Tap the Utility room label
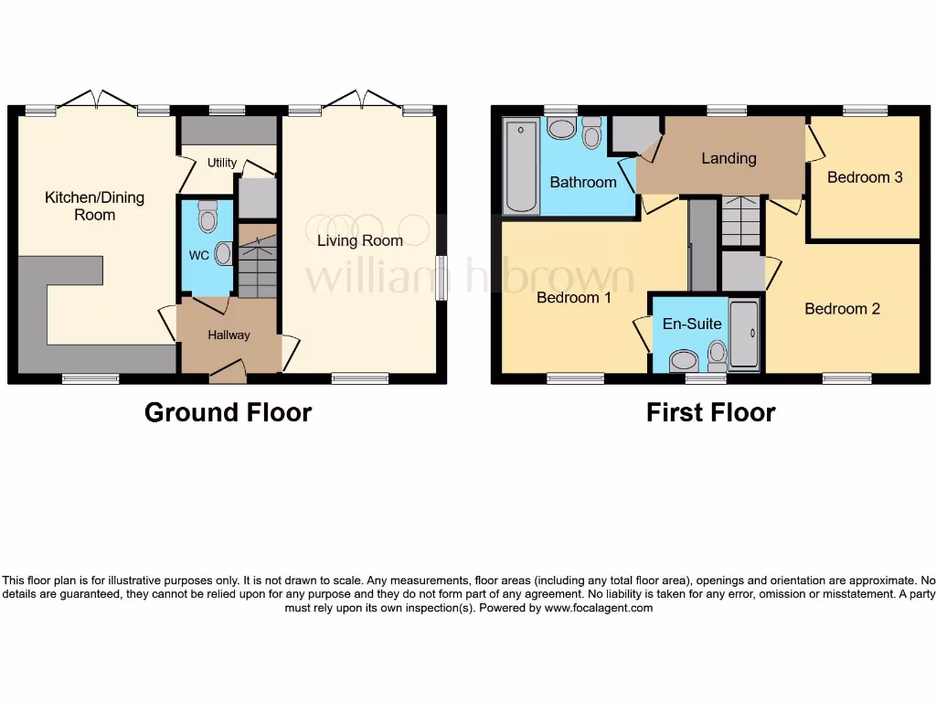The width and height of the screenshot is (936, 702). pos(222,163)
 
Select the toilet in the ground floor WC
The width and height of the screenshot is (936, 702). pos(207,218)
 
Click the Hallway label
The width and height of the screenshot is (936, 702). pos(229,335)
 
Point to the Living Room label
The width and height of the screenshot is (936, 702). pos(360,241)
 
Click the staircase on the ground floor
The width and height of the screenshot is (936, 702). pos(257,261)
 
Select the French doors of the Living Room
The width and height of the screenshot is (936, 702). pos(363,99)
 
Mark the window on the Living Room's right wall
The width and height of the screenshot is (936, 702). pos(441,276)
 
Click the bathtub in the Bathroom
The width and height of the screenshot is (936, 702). pos(520,166)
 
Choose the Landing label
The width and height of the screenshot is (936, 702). pos(729,158)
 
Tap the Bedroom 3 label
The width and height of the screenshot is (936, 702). pos(865,177)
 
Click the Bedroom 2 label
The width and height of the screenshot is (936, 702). pos(842,309)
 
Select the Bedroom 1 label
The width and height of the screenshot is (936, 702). pos(573,298)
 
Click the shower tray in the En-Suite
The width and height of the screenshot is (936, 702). pos(744,333)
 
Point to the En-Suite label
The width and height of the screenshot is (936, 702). pos(692,324)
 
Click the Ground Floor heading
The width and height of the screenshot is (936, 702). pos(228,413)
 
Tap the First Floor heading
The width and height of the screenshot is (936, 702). pos(710,413)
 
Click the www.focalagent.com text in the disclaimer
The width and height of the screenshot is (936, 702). pos(599,608)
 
